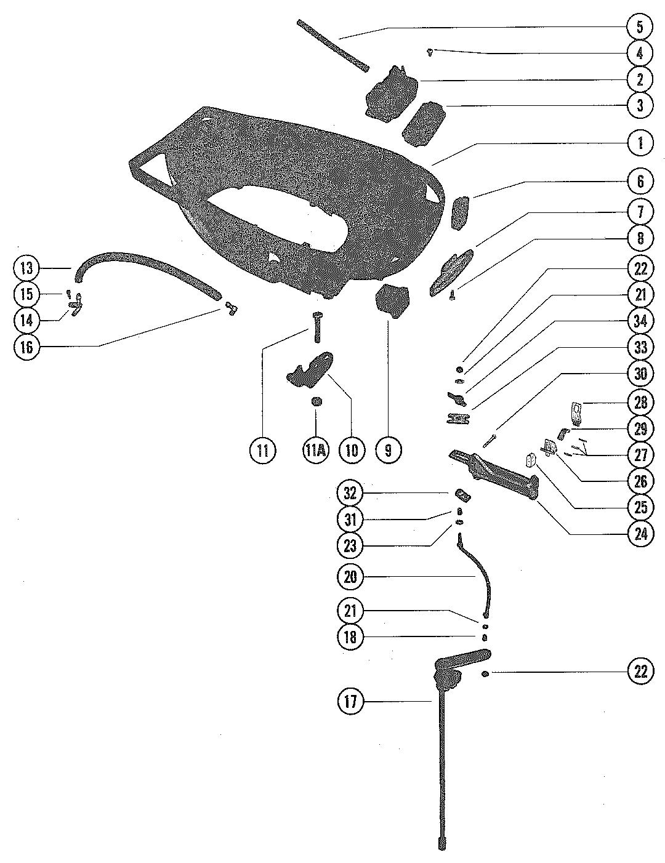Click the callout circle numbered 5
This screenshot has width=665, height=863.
click(x=640, y=26)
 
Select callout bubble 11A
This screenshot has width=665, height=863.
click(x=315, y=450)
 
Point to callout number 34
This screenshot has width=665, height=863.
click(x=640, y=320)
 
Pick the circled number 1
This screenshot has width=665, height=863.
click(x=640, y=143)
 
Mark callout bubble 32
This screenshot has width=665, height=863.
click(x=350, y=494)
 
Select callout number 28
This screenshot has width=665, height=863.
click(x=640, y=403)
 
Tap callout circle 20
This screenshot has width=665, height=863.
click(x=350, y=577)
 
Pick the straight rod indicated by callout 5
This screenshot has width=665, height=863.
click(x=332, y=45)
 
